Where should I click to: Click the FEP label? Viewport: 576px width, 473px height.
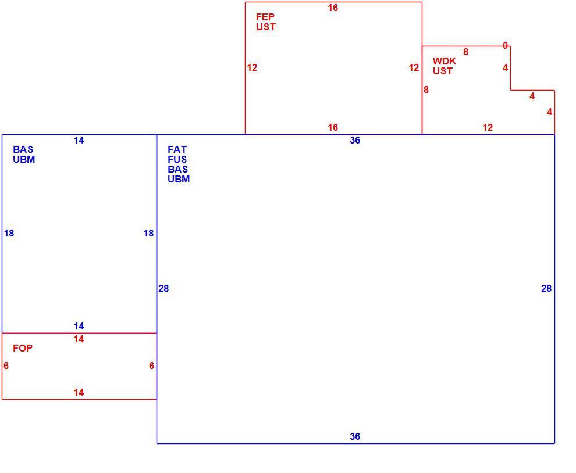click(x=265, y=17)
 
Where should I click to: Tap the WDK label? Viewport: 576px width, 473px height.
click(x=444, y=61)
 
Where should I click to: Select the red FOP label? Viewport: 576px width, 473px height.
click(x=23, y=348)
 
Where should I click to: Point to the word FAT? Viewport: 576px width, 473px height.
click(x=177, y=149)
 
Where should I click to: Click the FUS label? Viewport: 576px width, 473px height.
click(x=177, y=159)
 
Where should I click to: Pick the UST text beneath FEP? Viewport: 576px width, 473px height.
click(x=265, y=27)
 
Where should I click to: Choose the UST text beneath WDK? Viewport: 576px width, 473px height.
click(x=443, y=71)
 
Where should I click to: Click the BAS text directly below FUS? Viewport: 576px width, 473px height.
click(x=178, y=169)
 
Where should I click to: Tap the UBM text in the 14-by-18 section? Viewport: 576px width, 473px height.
click(x=24, y=159)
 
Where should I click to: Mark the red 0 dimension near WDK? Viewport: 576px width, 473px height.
click(x=505, y=45)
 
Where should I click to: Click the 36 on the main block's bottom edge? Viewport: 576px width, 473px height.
click(x=355, y=436)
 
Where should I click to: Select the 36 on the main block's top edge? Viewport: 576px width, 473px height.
click(x=355, y=140)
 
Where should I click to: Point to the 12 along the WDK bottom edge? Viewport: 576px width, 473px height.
click(x=488, y=127)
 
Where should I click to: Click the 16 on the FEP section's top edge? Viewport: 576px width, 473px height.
click(x=333, y=8)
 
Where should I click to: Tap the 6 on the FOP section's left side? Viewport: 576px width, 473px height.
click(x=6, y=365)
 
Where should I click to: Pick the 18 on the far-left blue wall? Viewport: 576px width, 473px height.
click(x=9, y=233)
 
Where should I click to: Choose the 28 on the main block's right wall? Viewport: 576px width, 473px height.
click(x=546, y=288)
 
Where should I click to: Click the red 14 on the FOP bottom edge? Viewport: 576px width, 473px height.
click(x=79, y=392)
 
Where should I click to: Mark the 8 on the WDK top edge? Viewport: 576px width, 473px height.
click(x=465, y=52)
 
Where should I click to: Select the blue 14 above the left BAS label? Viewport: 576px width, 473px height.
click(x=79, y=140)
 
